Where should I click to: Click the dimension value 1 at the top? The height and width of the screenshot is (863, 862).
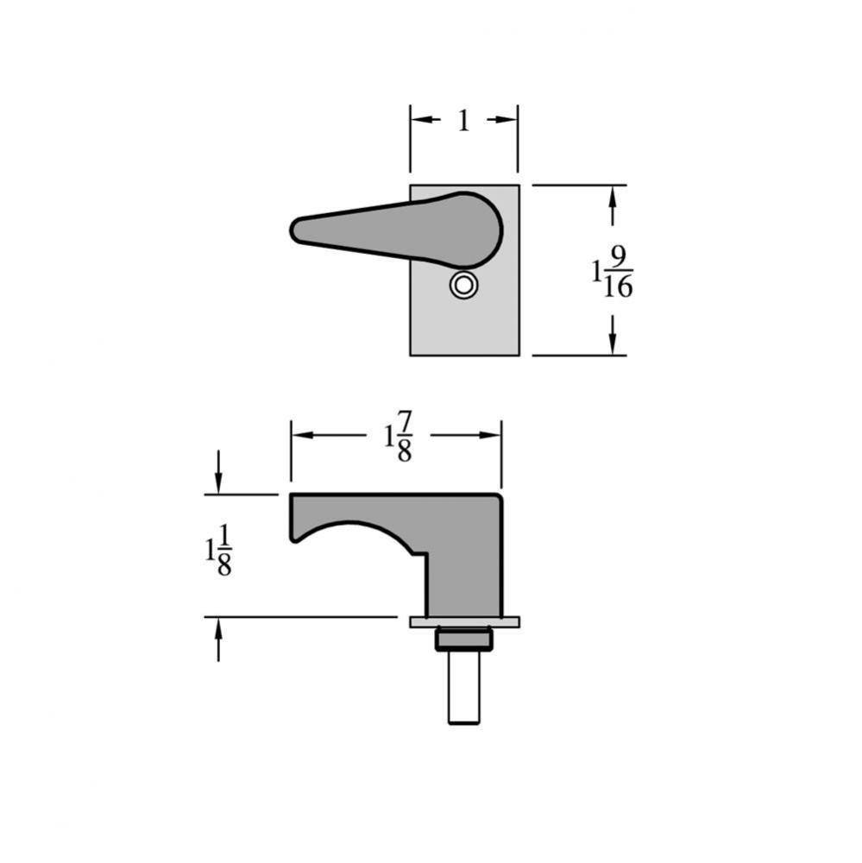point(463,121)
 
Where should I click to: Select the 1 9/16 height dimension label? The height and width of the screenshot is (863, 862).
point(613,273)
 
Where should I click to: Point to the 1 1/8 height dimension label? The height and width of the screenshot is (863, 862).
point(218,550)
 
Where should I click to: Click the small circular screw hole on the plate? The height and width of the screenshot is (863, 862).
point(463,286)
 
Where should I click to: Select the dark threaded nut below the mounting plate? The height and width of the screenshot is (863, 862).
point(463,639)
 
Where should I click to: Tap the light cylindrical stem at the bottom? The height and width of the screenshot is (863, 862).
point(463,688)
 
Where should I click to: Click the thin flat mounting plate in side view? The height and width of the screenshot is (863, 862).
point(464,621)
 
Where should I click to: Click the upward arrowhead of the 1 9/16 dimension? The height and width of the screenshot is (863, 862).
point(613,195)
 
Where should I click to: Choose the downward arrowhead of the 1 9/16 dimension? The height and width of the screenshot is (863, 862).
point(613,344)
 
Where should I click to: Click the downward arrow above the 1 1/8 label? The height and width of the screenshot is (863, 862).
point(218,483)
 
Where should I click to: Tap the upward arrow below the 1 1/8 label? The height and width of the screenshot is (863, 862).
point(218,629)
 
